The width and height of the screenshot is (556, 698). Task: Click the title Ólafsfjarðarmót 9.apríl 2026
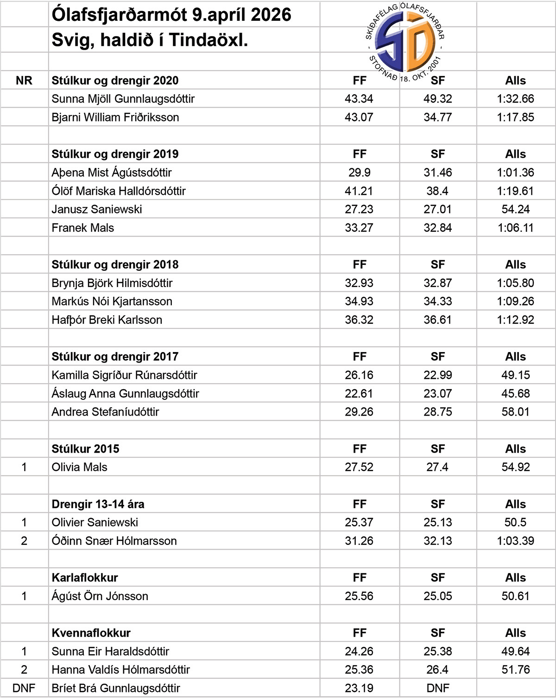pos(171,15)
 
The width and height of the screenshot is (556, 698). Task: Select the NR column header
pos(24,81)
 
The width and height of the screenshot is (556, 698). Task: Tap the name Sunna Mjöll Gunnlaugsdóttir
pos(123,99)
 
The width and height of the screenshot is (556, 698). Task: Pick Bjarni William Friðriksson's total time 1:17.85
pos(515,117)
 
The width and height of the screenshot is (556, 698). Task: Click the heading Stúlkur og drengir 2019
pos(115,154)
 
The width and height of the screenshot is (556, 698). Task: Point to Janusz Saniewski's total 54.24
pos(515,209)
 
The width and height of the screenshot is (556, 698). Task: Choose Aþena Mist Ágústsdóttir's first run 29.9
pos(359,173)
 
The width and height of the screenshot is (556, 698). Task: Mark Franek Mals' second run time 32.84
pos(437,228)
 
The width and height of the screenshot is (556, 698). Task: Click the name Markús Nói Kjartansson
pos(112,301)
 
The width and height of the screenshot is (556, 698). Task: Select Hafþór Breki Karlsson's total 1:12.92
pos(515,320)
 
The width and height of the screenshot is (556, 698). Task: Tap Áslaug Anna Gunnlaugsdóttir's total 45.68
pos(515,393)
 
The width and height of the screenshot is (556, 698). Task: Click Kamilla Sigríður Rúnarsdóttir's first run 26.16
pos(359,375)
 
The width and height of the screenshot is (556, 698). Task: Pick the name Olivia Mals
pos(79,467)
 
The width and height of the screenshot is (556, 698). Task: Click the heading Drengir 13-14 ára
pos(98,504)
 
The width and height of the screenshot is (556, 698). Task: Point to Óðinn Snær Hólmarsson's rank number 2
pos(24,541)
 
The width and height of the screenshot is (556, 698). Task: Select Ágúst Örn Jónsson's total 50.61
pos(515,596)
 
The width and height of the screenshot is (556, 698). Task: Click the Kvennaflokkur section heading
pos(91,633)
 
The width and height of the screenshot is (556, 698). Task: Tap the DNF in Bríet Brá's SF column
pos(437,688)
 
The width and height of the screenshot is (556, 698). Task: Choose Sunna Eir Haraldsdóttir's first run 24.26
pos(359,651)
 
